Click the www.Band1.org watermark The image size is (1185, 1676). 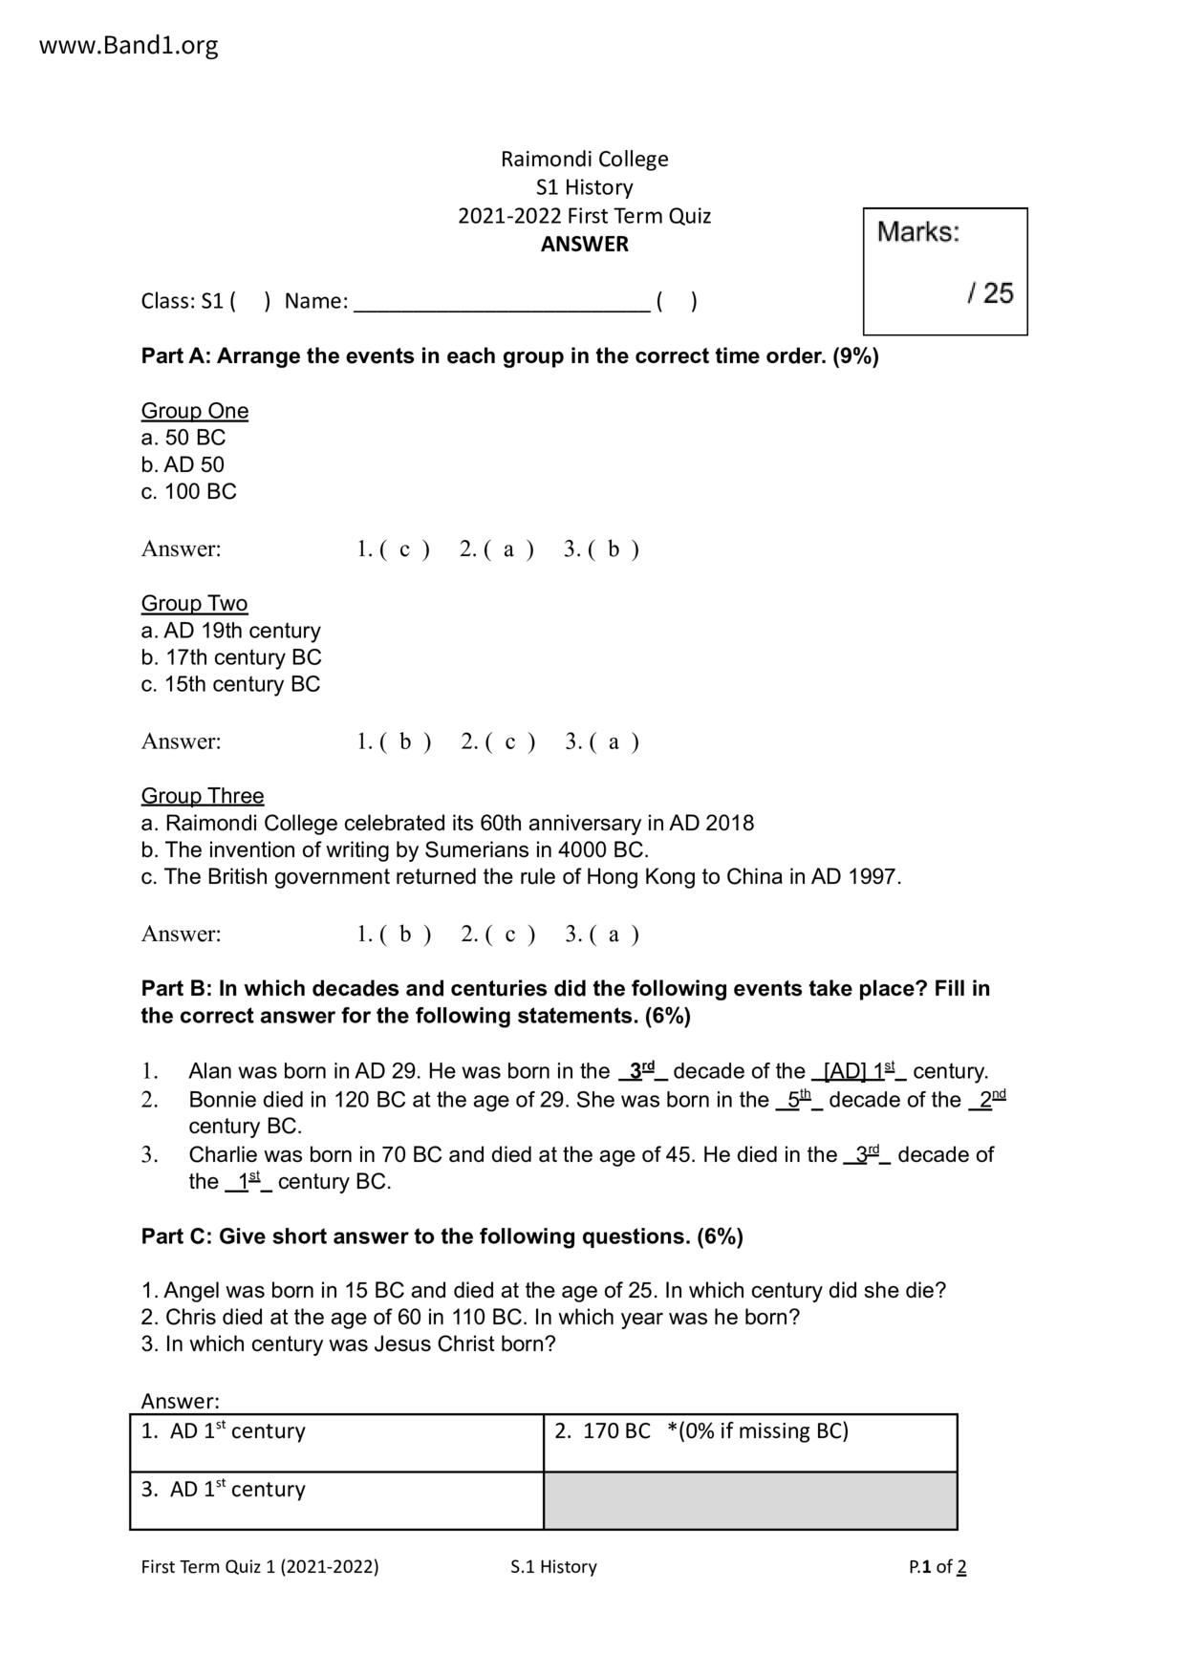click(x=128, y=45)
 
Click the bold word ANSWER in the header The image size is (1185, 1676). click(x=584, y=245)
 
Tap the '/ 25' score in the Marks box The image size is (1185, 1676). click(x=989, y=292)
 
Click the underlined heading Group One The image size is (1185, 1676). click(x=195, y=411)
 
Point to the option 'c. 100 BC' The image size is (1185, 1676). click(x=188, y=492)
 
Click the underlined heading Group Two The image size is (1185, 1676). click(x=194, y=604)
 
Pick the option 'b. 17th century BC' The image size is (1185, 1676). click(x=230, y=657)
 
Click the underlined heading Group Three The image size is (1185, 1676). click(x=203, y=796)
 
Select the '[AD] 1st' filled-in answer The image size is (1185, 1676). click(x=859, y=1071)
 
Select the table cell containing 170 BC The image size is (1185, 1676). click(x=749, y=1442)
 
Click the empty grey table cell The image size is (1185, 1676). click(x=749, y=1500)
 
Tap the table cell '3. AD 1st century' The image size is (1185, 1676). click(x=336, y=1500)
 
